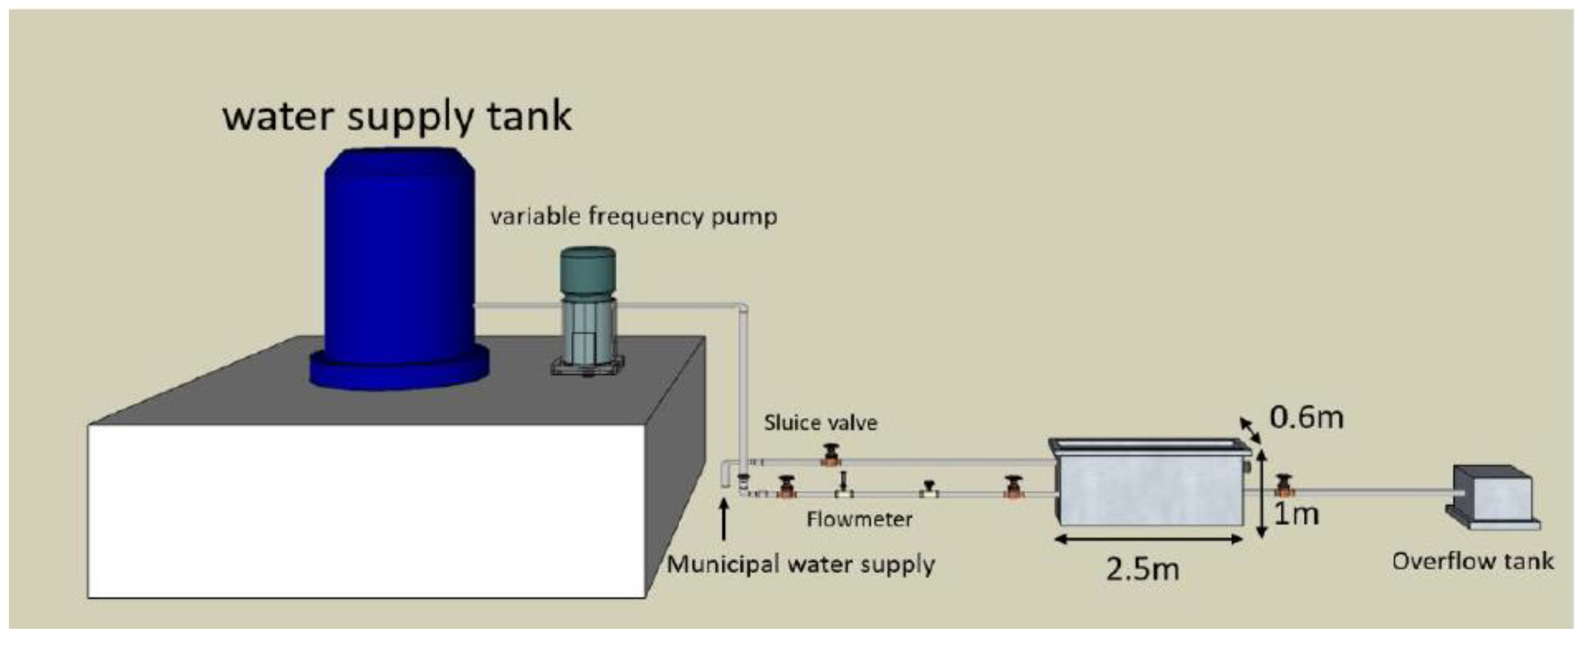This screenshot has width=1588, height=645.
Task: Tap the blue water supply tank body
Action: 399,259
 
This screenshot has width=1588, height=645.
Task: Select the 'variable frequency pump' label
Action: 633,217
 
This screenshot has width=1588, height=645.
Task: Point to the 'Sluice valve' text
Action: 820,422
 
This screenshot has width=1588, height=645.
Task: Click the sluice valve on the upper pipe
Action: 831,456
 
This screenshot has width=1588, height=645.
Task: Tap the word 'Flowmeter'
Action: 859,519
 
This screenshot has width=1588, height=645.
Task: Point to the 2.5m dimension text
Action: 1142,569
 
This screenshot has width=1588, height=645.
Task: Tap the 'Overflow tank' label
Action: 1473,561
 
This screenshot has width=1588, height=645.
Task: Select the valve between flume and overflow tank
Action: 1284,487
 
